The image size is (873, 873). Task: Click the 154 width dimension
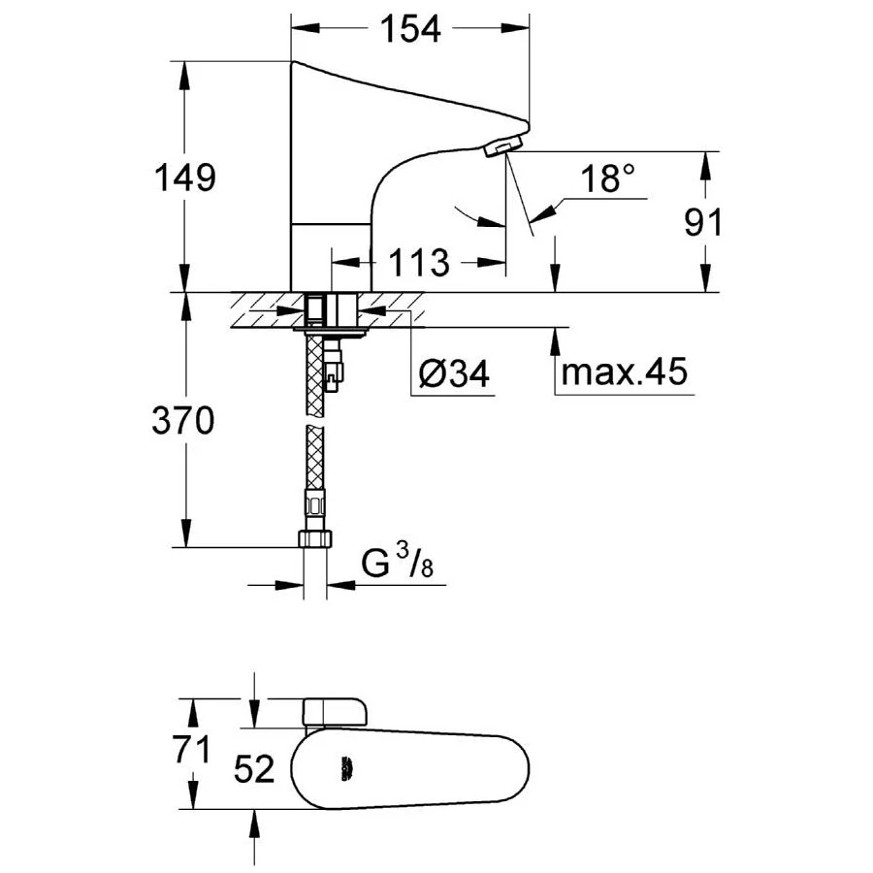(408, 30)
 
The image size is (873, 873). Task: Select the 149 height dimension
(185, 178)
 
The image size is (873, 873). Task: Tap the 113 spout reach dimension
(418, 263)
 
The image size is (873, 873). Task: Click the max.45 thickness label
(624, 372)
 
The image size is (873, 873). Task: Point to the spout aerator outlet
(501, 146)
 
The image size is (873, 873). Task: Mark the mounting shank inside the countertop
(321, 309)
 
